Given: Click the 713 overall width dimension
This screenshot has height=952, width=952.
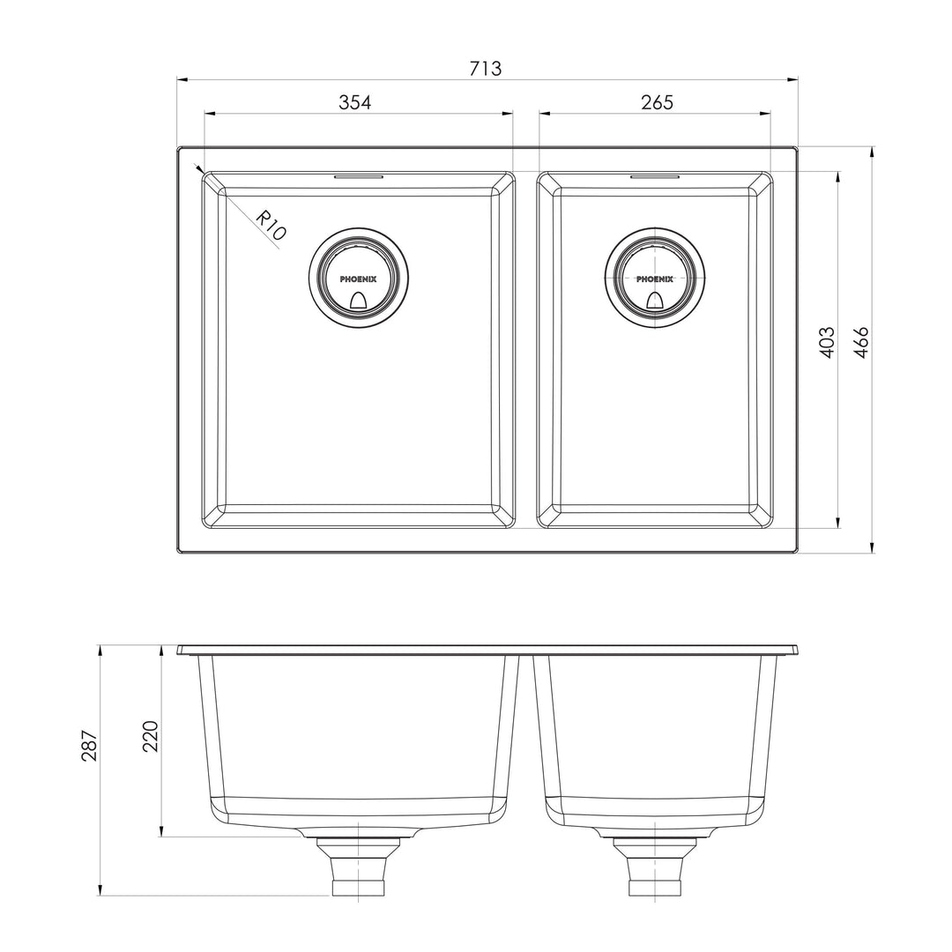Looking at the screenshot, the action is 486,69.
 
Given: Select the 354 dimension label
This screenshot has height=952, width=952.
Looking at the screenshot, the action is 354,102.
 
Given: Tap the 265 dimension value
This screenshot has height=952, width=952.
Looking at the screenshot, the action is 657,102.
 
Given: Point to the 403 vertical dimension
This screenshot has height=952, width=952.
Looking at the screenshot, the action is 827,342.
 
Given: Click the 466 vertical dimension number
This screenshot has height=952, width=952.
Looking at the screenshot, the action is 861,342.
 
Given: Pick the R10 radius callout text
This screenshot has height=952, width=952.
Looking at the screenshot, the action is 271,226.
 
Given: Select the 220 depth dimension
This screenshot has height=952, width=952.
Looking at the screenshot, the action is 150,736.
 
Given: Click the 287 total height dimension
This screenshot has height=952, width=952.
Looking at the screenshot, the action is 89,745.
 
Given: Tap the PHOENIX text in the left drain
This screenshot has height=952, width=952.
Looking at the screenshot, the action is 358,279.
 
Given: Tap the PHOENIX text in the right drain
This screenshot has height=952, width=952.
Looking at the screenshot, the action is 655,279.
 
